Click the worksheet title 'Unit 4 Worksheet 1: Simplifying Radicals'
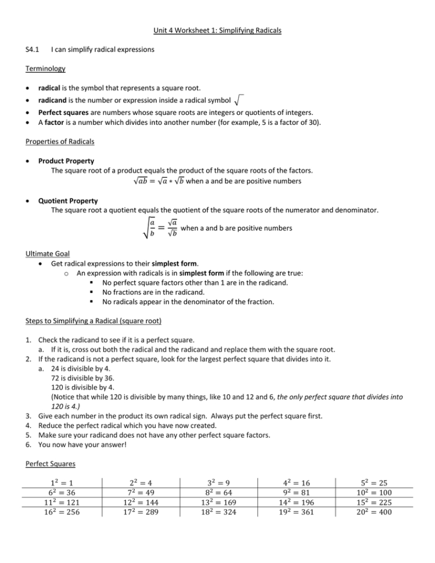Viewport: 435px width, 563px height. click(x=217, y=30)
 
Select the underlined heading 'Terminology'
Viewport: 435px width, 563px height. click(x=45, y=69)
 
